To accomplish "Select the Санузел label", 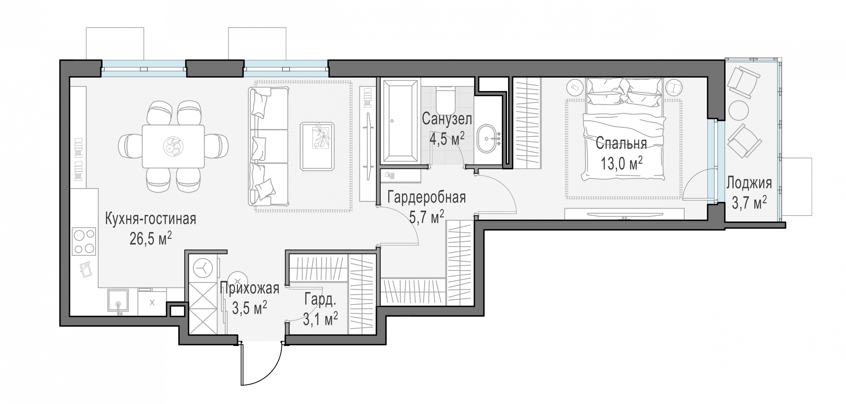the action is point(447,119).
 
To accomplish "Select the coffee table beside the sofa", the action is point(317,146).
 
